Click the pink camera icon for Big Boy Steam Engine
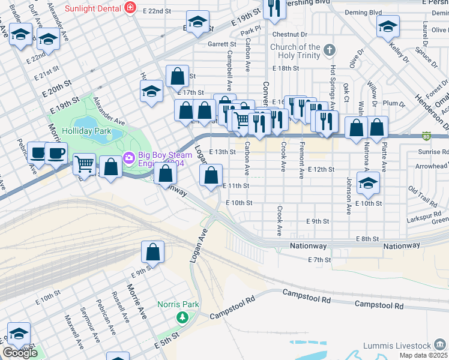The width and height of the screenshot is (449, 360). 127,158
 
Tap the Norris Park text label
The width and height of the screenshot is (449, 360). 178,304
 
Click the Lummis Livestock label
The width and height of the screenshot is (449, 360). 397,346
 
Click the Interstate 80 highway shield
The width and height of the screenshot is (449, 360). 426,136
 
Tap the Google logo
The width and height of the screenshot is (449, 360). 19,353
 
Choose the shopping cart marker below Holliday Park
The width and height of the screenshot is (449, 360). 85,163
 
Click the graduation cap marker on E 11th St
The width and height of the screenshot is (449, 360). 367,183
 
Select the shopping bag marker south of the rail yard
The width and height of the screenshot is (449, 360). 153,251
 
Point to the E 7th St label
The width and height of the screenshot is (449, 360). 319,260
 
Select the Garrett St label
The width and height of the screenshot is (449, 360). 221,44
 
